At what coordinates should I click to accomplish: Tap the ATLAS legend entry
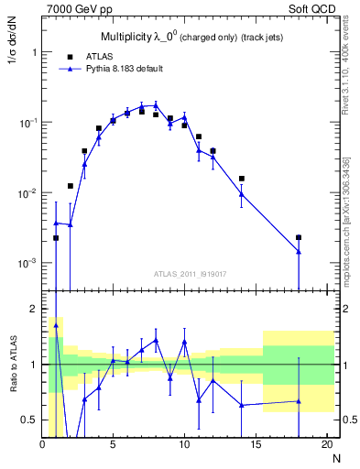pyautogui.click(x=98, y=56)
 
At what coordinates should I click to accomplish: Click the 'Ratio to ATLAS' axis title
pyautogui.click(x=13, y=365)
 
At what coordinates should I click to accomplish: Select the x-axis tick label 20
pyautogui.click(x=326, y=444)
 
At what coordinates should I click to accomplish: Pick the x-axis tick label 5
pyautogui.click(x=113, y=444)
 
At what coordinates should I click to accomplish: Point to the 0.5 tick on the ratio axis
pyautogui.click(x=30, y=420)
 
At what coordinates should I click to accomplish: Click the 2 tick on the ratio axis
pyautogui.click(x=34, y=309)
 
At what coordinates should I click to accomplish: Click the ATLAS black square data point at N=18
pyautogui.click(x=299, y=237)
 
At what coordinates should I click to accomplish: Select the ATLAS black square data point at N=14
pyautogui.click(x=242, y=179)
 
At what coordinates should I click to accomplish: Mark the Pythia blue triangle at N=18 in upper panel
pyautogui.click(x=299, y=251)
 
